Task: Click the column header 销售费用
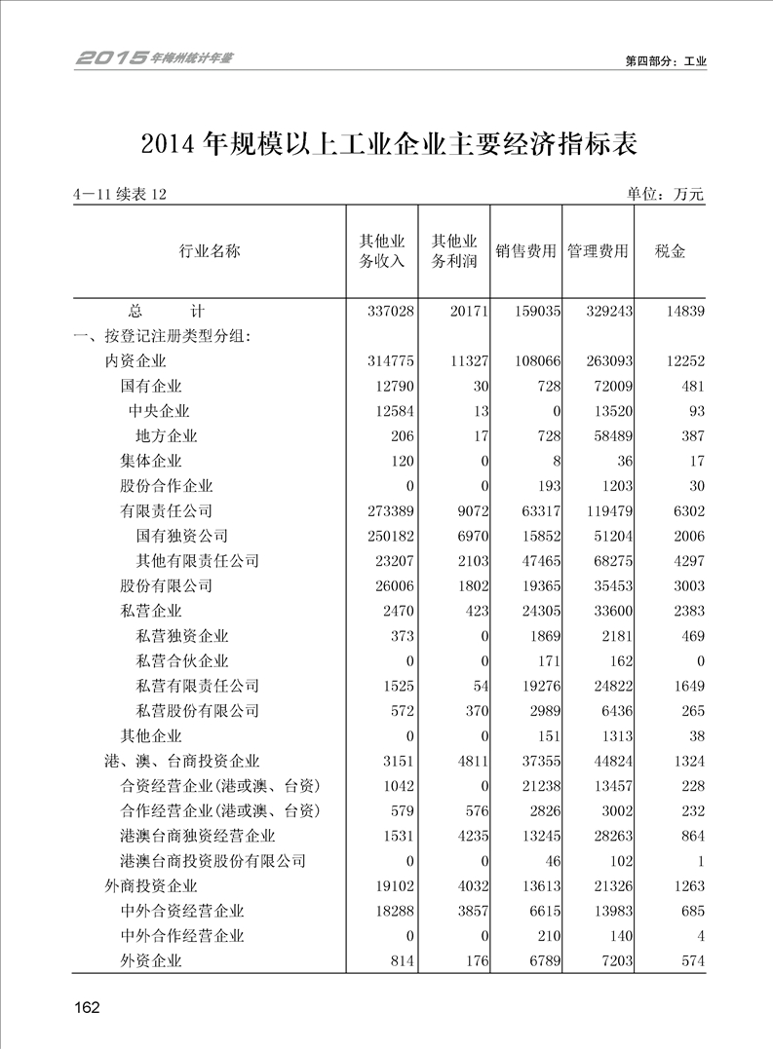(526, 251)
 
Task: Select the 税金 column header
(671, 251)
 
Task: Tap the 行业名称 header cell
(209, 251)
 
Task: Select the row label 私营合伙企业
(181, 661)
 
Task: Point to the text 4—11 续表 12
(120, 195)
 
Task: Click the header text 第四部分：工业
(666, 60)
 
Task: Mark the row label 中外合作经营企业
(181, 936)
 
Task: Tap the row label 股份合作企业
(166, 486)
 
